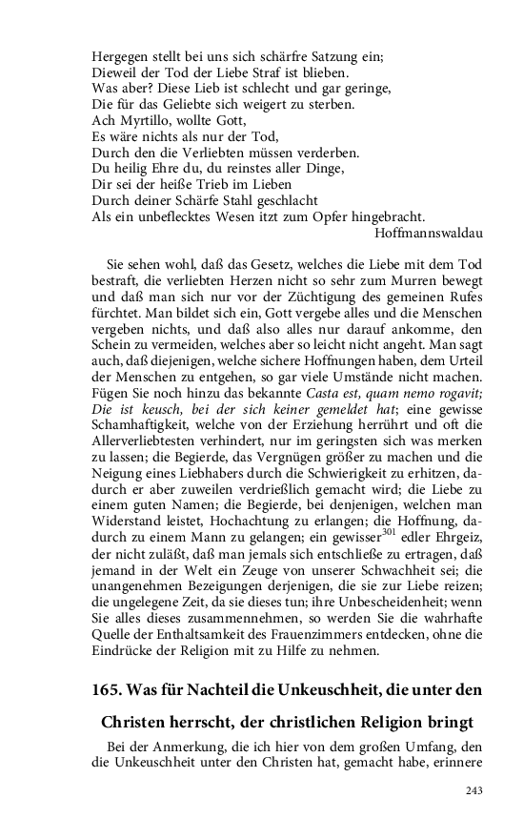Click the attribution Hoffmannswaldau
430,231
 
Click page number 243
474,790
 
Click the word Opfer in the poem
322,215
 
